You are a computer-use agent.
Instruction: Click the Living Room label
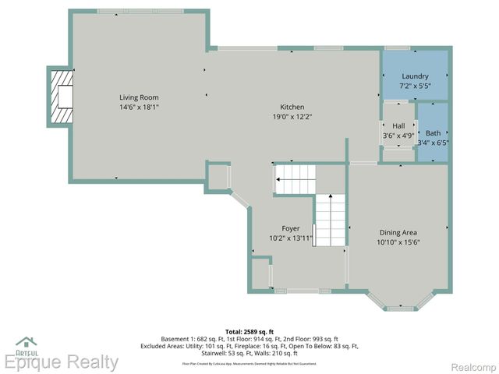139,97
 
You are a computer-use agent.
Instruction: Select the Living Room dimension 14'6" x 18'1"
139,108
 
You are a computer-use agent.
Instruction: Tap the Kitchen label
292,107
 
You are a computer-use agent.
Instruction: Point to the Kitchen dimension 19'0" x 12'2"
292,117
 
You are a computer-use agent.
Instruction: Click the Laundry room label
415,76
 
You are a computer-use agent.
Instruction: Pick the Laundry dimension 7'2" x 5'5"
415,85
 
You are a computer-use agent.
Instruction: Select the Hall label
398,126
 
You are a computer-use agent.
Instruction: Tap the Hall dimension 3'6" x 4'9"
398,136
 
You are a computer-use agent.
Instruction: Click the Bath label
433,132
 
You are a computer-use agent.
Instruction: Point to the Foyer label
291,228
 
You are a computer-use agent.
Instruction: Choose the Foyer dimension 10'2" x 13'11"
291,238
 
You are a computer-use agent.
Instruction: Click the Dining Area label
398,232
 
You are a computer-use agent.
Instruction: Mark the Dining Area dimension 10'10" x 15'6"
398,242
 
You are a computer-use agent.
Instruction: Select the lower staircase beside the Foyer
330,220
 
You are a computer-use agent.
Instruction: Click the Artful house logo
27,344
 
